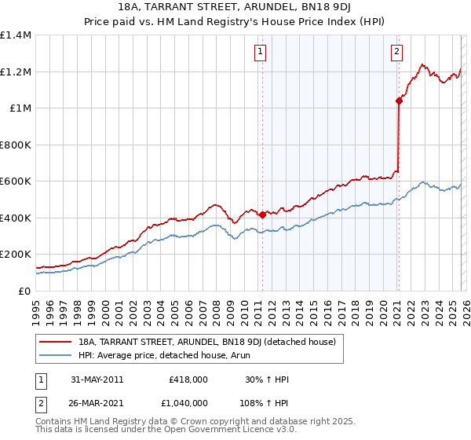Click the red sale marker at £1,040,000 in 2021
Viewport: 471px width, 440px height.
pyautogui.click(x=399, y=101)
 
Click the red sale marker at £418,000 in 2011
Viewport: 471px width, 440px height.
pyautogui.click(x=261, y=214)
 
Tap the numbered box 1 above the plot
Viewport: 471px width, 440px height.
pyautogui.click(x=260, y=53)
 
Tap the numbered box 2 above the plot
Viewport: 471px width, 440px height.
pyautogui.click(x=397, y=53)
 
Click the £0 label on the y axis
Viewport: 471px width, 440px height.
pyautogui.click(x=24, y=291)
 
